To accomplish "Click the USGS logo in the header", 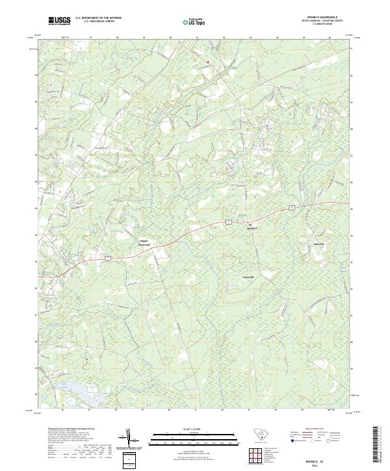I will [59, 21].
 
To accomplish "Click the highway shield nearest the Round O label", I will [228, 222].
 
